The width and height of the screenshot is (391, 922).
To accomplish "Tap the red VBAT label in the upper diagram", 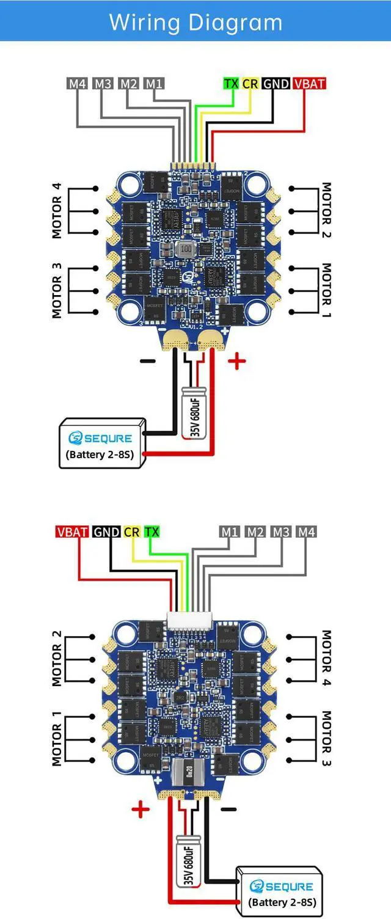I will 309,84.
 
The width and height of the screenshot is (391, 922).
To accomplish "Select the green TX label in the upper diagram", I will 230,84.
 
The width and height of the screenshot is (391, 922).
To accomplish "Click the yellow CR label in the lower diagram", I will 131,532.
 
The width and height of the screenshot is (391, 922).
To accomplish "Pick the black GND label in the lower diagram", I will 106,532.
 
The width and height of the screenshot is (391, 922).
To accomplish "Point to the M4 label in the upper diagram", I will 77,84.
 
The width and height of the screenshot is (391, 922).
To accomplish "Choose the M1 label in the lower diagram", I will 230,532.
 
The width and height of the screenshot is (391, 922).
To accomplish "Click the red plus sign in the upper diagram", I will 236,362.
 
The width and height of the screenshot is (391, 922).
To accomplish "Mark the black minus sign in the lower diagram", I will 228,809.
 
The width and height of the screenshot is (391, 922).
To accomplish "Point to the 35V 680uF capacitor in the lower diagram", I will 188,858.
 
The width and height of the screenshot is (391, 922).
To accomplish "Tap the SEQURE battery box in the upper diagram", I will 103,444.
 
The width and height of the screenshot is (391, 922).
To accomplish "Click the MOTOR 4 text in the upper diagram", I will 56,210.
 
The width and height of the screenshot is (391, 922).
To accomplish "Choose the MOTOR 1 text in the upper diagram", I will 327,290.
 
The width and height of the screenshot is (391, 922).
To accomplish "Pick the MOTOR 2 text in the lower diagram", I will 56,657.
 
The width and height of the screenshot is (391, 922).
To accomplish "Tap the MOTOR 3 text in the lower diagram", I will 327,738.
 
